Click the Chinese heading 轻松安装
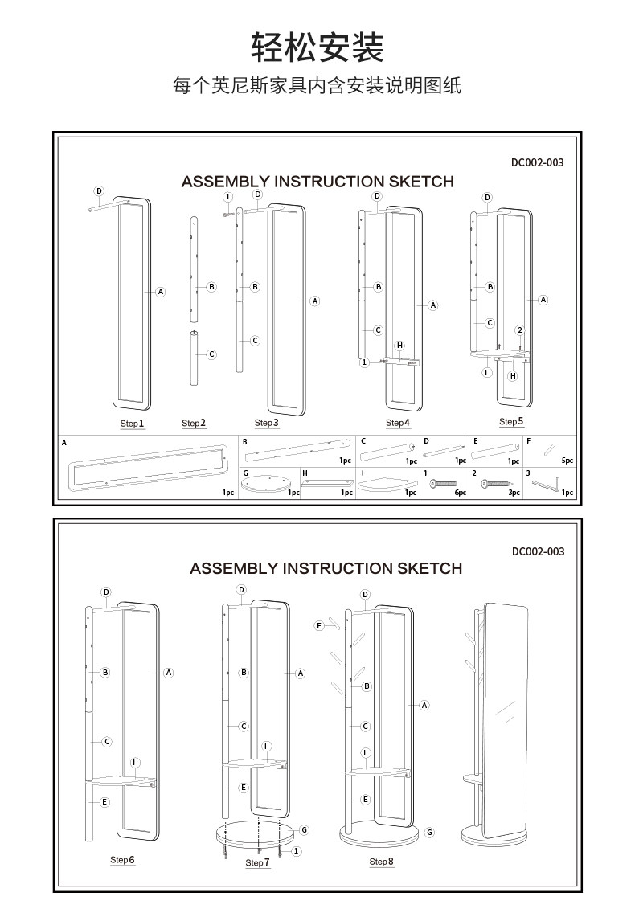(317, 47)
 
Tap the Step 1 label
(132, 423)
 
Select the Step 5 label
(510, 421)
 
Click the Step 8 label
(381, 862)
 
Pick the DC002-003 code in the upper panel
(537, 162)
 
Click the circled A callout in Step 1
(160, 292)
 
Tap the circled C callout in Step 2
(211, 354)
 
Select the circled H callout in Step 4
(399, 346)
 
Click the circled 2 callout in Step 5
(520, 330)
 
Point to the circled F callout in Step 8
(319, 624)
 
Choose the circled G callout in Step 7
(304, 829)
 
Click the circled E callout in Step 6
(104, 802)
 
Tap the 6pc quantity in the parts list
(460, 493)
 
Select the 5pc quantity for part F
(567, 461)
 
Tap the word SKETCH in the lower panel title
(429, 568)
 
